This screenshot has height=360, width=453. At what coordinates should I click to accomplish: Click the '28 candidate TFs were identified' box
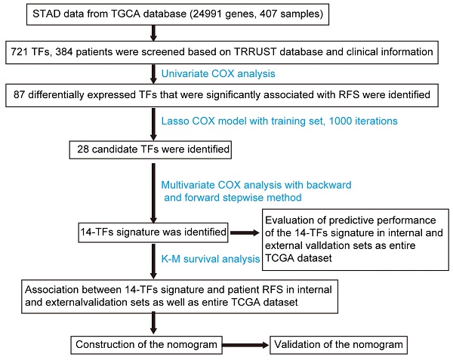(152, 149)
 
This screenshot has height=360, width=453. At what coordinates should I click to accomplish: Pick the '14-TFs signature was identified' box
(152, 234)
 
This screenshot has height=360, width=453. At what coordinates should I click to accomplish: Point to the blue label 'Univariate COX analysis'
(213, 73)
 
